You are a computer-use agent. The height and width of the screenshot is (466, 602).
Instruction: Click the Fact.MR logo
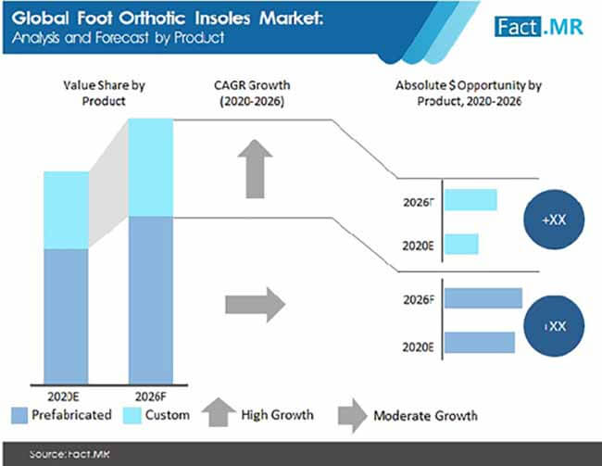539,27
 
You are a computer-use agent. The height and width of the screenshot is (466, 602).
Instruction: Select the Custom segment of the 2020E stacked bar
67,210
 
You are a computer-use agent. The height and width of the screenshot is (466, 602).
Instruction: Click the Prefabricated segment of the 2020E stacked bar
67,317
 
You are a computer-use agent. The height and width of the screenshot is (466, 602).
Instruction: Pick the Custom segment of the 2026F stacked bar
151,168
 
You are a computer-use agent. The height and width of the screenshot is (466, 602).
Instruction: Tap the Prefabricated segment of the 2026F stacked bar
151,300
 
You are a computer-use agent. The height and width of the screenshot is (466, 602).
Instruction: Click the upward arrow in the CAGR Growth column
255,169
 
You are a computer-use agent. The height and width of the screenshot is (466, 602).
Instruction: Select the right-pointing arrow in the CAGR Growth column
256,305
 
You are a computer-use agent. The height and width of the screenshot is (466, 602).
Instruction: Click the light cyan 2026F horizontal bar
470,200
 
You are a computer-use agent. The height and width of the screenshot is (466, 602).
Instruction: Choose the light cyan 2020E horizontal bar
461,244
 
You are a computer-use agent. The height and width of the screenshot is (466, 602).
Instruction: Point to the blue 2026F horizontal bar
483,298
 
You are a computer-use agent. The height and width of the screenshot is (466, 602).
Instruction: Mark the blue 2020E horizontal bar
480,342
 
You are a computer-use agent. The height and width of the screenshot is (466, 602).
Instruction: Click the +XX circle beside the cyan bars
554,220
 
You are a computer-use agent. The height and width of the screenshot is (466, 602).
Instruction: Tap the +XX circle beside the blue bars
554,326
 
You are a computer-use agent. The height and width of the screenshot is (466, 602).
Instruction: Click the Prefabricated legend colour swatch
19,416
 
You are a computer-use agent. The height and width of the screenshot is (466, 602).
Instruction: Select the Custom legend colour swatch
132,416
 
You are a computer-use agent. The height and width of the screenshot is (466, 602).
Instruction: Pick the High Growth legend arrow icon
219,412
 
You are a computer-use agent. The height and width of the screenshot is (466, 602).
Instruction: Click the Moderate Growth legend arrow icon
353,416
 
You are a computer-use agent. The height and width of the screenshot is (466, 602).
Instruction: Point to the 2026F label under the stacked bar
150,397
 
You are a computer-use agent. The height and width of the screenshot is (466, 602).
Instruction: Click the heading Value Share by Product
104,93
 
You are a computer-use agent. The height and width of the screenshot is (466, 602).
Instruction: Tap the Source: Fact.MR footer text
69,455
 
